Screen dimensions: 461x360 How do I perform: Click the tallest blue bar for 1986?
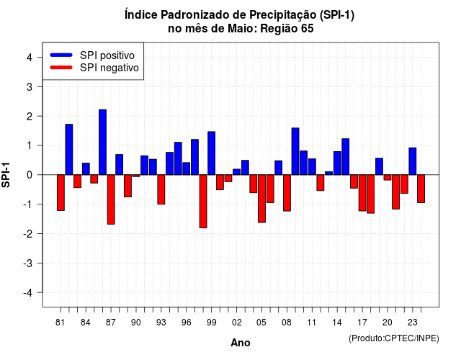(102, 143)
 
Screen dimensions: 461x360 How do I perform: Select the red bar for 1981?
(61, 193)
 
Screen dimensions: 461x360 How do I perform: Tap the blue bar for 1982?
(69, 150)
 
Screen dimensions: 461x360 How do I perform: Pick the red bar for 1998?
(203, 202)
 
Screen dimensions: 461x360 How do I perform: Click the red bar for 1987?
(111, 199)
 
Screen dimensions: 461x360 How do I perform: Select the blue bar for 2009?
(295, 151)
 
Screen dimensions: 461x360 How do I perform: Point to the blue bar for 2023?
(413, 161)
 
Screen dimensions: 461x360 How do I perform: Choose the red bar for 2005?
(262, 199)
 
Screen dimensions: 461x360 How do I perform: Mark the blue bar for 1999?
(212, 153)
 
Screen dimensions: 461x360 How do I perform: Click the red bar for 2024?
(421, 189)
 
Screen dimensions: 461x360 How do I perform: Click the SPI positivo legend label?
(107, 55)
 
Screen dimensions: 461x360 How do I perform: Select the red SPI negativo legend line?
(61, 68)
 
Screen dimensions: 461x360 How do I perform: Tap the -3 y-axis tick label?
(28, 263)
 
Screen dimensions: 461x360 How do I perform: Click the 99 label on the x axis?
(211, 323)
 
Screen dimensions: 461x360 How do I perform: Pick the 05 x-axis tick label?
(261, 323)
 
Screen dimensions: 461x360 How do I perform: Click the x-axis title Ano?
(241, 343)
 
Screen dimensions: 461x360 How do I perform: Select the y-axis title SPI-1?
(6, 175)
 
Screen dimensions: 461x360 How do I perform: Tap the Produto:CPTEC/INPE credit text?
(394, 338)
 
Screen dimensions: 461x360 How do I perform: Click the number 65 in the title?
(308, 29)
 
